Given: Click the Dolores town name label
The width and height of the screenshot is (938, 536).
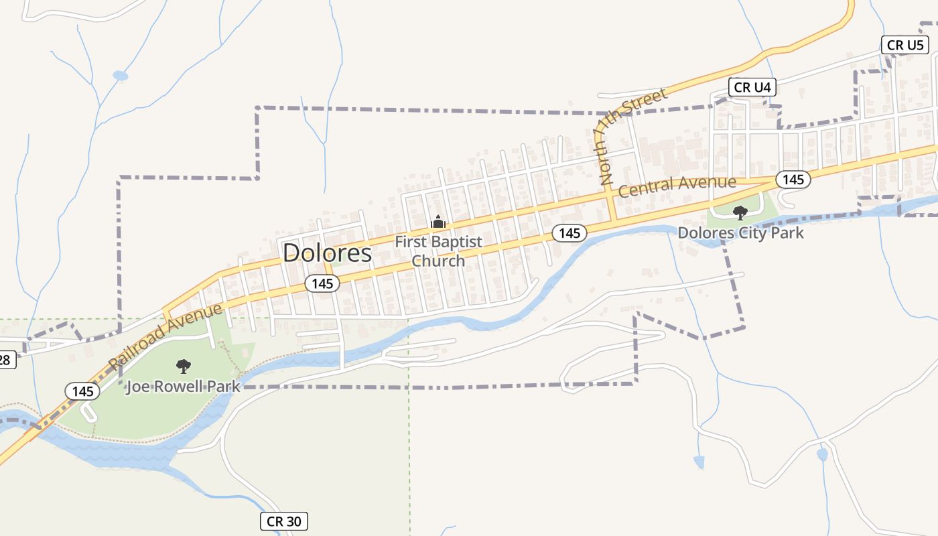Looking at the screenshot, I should pos(327,253).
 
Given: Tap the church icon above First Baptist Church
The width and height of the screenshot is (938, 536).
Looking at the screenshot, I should pos(438,221).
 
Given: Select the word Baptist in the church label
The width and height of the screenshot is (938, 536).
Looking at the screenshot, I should pos(455,242).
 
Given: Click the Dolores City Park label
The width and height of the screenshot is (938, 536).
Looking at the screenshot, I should pos(740,233).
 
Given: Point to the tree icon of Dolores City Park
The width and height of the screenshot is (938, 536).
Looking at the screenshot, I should pos(740,213).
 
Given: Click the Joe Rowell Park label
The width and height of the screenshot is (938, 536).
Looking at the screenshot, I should pos(183,387).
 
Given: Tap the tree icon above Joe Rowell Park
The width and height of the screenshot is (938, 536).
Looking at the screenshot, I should pos(183,366).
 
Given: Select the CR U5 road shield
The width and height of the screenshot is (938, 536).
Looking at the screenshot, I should pos(904,45).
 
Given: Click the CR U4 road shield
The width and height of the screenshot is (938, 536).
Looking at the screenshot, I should pos(752,87).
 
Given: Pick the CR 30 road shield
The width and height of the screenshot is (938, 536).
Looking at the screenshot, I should pos(283,521).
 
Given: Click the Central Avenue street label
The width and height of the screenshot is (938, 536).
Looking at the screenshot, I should pos(677,185).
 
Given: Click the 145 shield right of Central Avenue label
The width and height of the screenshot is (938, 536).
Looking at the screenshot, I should pos(793,179).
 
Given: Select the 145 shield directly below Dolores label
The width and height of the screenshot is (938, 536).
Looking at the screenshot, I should pos(322,283).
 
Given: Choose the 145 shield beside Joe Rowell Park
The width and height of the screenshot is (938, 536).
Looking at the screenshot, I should pos(82,391).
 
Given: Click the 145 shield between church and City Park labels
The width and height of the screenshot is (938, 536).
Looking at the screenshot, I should pos(569,232).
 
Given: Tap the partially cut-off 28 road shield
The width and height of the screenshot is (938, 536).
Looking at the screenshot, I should pos(5,360).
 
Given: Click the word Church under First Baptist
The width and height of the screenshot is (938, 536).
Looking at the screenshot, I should pos(438,261).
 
